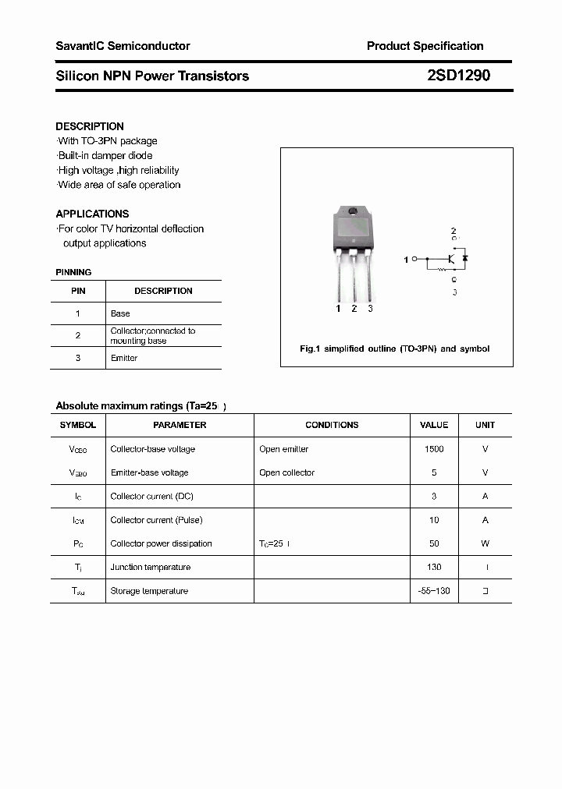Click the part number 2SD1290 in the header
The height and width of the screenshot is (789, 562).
(458, 76)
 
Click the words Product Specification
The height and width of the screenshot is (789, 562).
(425, 46)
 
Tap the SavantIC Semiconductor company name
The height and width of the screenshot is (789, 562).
(123, 46)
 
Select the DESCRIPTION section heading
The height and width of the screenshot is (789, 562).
(90, 126)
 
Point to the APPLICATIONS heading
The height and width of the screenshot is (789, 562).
(92, 214)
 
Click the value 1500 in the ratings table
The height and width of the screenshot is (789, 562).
(434, 449)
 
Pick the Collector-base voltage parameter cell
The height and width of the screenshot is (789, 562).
(153, 449)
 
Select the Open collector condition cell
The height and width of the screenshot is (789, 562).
(286, 472)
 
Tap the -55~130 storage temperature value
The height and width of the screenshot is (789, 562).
(434, 591)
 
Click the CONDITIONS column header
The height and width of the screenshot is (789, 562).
(332, 425)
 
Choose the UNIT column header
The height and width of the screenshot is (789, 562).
(485, 425)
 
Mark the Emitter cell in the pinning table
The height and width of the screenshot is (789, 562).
(124, 358)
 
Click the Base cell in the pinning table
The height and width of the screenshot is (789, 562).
(120, 313)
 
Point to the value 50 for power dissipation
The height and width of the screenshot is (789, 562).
(434, 543)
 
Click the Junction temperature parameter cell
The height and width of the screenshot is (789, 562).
(151, 567)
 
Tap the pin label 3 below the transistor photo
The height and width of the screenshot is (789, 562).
(370, 309)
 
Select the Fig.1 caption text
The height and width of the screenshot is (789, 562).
(395, 349)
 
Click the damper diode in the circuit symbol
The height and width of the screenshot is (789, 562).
(465, 257)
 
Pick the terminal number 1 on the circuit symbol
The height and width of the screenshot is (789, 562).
(406, 260)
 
